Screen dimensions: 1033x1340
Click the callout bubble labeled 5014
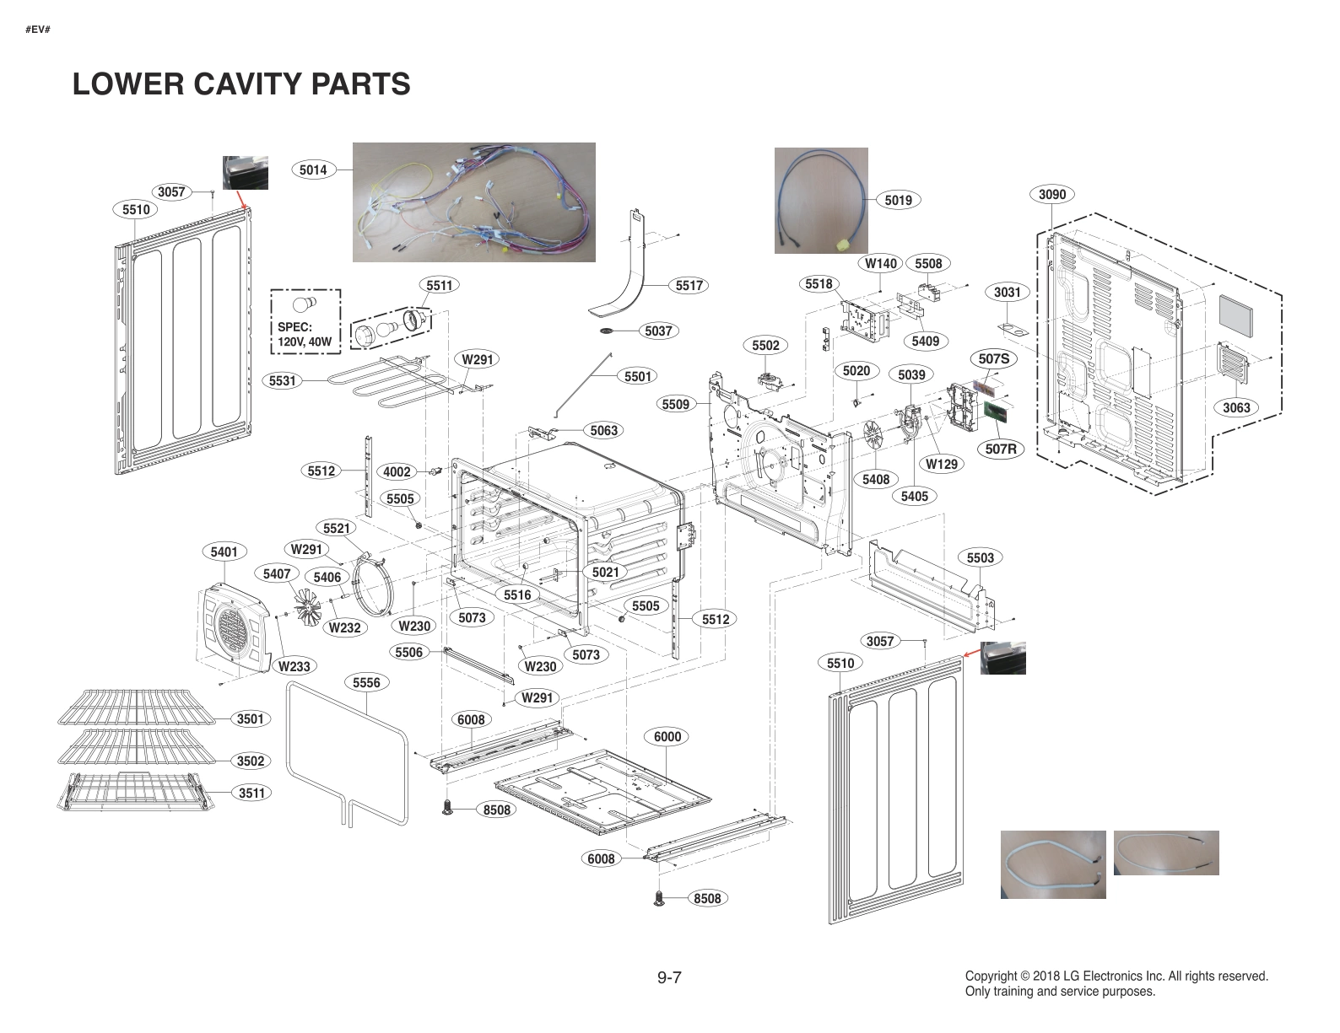point(313,169)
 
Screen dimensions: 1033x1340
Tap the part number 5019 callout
point(898,200)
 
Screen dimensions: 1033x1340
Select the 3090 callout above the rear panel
point(1051,195)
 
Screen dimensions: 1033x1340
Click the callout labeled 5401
point(224,551)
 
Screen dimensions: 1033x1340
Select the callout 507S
point(994,359)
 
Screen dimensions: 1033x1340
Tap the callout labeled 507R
point(1001,449)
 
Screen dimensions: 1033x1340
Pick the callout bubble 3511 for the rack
point(251,793)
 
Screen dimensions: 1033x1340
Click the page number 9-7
point(669,977)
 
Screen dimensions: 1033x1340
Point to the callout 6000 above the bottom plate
point(667,736)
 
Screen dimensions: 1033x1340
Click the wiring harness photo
point(473,202)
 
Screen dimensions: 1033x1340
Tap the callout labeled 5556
point(366,682)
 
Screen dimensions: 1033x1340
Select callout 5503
point(980,557)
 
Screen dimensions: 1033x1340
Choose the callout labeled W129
point(941,464)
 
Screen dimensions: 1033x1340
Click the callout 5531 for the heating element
point(283,381)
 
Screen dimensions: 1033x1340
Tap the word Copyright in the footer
point(991,976)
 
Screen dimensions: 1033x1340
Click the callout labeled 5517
point(689,286)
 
